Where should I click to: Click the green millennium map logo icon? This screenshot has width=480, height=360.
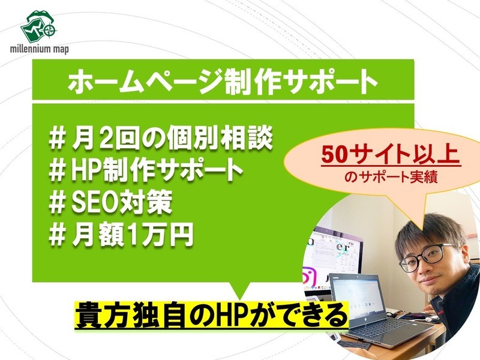coord(38,26)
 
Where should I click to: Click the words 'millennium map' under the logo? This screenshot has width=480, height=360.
coord(39,49)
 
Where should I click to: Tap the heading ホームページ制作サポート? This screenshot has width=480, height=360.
coord(223,81)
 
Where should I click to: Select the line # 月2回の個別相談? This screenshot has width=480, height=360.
coord(161,139)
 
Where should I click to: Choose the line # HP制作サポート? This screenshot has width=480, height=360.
coord(146,170)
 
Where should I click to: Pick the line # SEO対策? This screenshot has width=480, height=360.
coord(110,202)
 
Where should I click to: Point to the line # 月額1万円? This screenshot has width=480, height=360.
coord(121,235)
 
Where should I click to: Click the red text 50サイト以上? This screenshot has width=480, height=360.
coord(391,155)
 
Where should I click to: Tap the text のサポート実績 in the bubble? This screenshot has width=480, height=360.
coord(391,177)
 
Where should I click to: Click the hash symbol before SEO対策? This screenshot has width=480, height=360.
coord(57,203)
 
